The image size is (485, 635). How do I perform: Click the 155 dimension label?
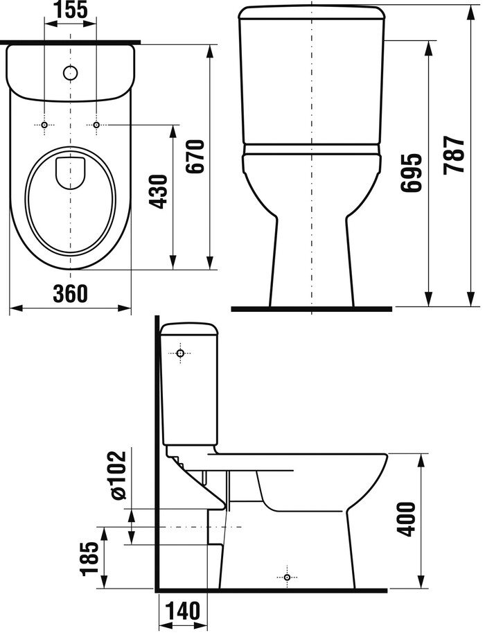[70, 10]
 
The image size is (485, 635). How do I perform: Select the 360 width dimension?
[70, 293]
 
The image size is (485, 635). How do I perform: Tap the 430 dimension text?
[158, 191]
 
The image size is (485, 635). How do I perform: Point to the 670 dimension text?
[195, 156]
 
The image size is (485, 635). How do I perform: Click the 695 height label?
[412, 172]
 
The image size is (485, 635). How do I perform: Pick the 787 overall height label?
[453, 155]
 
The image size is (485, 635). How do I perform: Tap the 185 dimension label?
[89, 559]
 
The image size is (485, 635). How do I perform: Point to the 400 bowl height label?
[406, 520]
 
